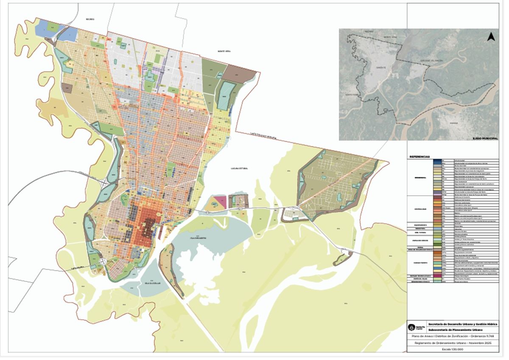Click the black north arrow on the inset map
[x=491, y=37]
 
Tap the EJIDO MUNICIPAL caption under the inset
[x=485, y=138]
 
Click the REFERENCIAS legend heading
[x=420, y=156]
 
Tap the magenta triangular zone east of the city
[x=221, y=200]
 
